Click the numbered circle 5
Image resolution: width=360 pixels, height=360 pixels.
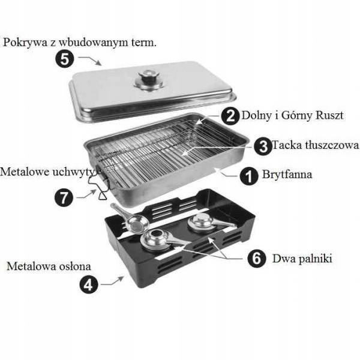pos(64,59)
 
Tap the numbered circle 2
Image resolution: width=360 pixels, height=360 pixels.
pos(229,115)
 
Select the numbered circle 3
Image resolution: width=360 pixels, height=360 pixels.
pos(261,145)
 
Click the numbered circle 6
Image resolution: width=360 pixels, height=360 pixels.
pos(256,259)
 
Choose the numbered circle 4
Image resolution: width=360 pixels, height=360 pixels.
pos(88,284)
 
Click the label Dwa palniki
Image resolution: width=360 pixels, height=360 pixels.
pos(302,259)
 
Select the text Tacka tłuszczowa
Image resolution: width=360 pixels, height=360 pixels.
pos(315,145)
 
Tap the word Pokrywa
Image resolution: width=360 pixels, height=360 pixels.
pos(24,43)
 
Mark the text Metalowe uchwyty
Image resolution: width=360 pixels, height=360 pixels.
pos(47,172)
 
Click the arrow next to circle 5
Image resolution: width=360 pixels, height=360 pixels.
pos(91,61)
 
